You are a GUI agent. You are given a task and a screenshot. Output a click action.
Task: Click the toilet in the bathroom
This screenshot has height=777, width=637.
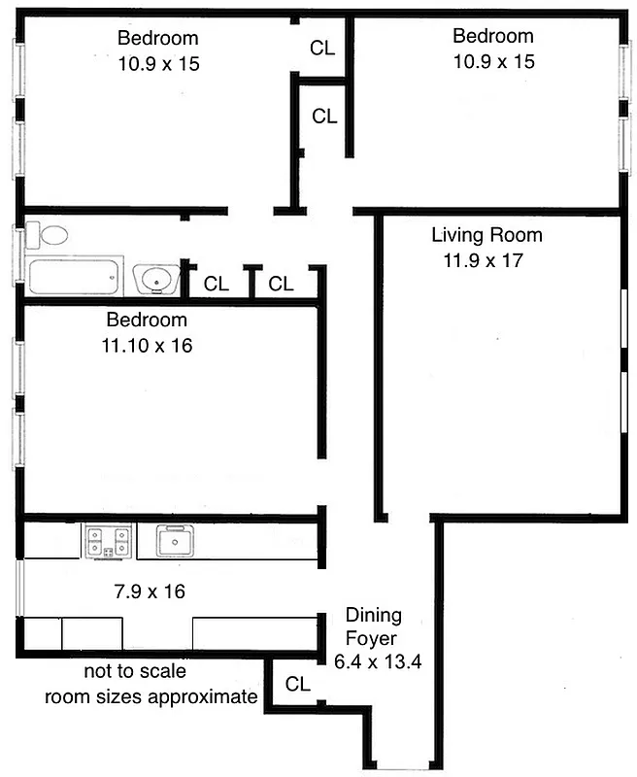click(48, 235)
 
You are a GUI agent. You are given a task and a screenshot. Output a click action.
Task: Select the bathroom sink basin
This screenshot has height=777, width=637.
click(155, 280)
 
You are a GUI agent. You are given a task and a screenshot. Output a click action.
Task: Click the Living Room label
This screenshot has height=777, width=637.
click(486, 235)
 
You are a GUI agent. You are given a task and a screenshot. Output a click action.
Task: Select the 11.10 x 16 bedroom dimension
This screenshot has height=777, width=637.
click(147, 345)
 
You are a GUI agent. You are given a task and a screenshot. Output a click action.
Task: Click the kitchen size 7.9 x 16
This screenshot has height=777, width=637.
click(145, 591)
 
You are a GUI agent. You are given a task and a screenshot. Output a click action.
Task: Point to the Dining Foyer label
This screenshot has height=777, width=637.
click(371, 627)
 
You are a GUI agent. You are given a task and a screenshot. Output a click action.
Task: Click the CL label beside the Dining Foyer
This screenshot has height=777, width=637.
click(298, 685)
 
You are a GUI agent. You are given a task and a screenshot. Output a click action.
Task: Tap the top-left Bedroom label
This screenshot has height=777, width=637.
click(158, 39)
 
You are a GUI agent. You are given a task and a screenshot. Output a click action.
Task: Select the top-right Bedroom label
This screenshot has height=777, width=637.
click(493, 37)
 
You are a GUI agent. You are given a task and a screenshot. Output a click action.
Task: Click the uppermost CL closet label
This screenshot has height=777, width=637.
click(322, 48)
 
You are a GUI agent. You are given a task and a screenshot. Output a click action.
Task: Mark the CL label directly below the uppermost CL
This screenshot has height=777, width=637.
click(324, 116)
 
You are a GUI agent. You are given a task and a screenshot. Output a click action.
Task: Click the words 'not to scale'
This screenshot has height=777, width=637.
click(135, 670)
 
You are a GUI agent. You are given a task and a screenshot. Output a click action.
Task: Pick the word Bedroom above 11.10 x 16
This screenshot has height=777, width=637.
click(147, 321)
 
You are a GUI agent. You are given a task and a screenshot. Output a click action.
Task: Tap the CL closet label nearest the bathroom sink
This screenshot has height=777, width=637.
click(217, 284)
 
